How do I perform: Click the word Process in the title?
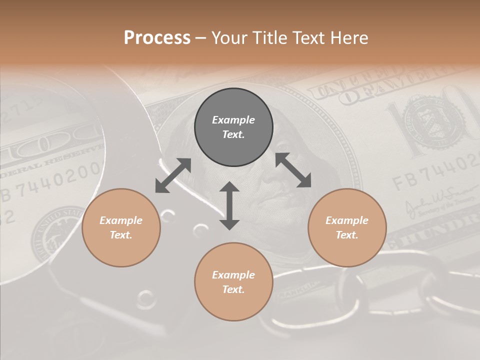point(157,38)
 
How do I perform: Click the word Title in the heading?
point(270,38)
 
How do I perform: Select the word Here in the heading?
point(348,38)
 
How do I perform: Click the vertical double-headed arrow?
point(229,205)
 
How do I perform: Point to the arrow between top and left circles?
point(173,175)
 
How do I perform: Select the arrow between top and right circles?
point(293,170)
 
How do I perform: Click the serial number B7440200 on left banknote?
point(50,185)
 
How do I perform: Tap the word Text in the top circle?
point(233,135)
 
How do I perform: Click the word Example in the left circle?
point(121,220)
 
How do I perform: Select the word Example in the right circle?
point(347,220)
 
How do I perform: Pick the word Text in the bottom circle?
point(233,289)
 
